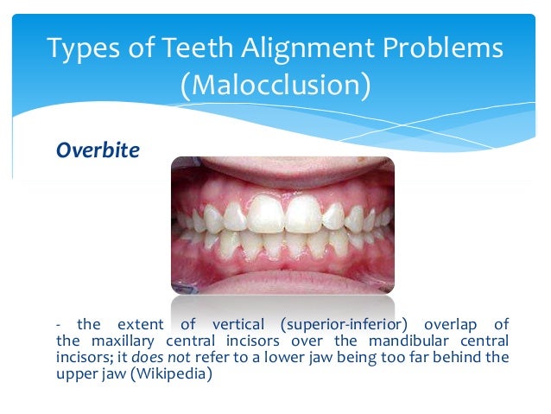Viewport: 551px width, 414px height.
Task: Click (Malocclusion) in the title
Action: (x=275, y=86)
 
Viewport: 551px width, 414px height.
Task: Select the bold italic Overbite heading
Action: (x=98, y=150)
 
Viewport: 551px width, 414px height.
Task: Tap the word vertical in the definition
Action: (x=231, y=325)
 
